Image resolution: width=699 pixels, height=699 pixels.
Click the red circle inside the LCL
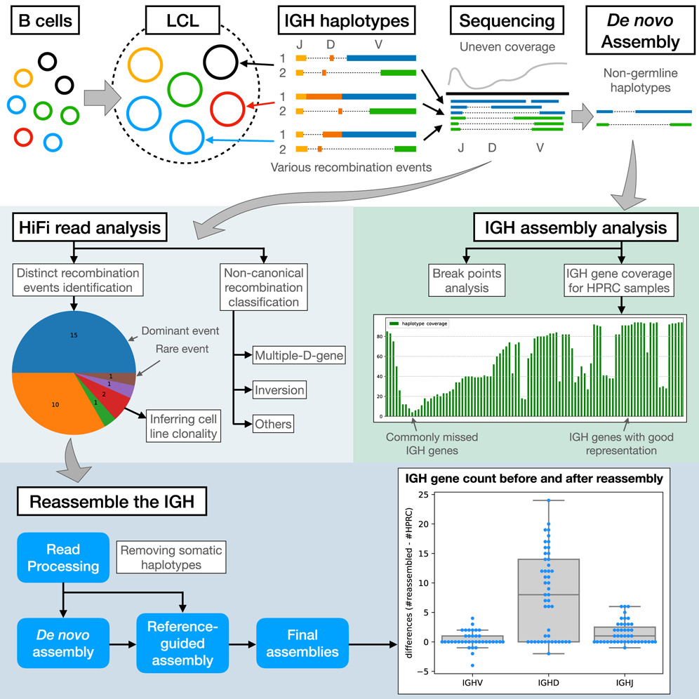tap(226, 109)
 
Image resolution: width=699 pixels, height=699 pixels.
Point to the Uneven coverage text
tap(507, 46)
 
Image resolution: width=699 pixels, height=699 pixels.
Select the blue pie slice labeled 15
tap(74, 335)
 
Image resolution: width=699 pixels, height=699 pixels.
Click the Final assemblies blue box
tap(302, 643)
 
